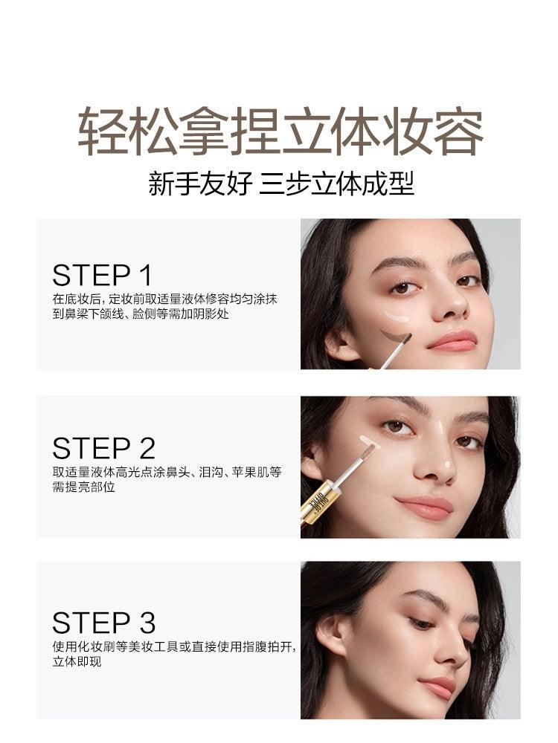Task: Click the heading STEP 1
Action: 103,276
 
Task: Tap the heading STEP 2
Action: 104,448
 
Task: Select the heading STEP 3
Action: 104,623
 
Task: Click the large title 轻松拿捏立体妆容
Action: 280,132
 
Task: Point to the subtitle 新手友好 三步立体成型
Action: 281,184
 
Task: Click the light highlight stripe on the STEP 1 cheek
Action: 399,316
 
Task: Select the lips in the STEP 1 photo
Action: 452,340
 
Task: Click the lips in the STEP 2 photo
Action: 425,507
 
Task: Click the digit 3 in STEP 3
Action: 147,623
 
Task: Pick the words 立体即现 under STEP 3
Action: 77,661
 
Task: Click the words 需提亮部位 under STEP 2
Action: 83,487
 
